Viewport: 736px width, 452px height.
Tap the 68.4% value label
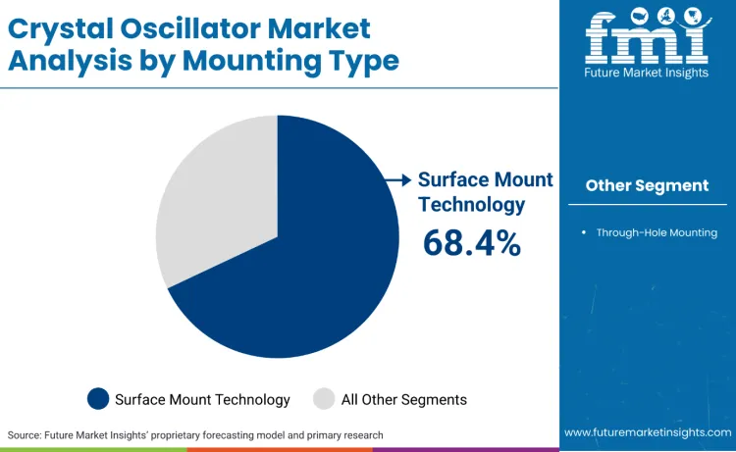tap(471, 242)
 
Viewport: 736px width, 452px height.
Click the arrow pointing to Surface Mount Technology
tap(397, 179)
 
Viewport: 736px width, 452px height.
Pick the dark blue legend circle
tap(98, 399)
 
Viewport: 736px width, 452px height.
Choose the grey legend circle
tap(324, 399)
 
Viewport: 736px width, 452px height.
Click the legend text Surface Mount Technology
tap(202, 399)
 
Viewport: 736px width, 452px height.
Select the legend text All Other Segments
tap(403, 399)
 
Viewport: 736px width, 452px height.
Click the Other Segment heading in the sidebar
tap(647, 185)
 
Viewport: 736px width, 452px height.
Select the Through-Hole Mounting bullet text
tap(657, 232)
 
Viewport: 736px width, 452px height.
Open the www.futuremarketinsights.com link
tap(647, 432)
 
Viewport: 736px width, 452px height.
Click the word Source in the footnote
tap(26, 434)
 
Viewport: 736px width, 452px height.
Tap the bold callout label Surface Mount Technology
tap(485, 191)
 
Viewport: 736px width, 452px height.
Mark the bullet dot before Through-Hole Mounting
tap(584, 232)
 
